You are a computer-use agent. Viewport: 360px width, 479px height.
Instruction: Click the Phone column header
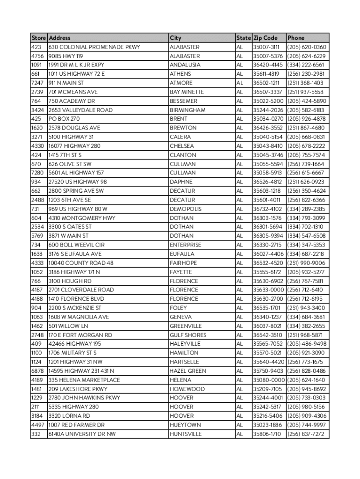pos(296,38)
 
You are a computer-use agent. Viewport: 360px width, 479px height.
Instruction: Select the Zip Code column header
pos(265,38)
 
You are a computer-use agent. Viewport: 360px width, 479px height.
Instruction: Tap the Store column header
pos(38,38)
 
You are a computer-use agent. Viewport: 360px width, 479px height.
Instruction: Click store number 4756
pos(38,56)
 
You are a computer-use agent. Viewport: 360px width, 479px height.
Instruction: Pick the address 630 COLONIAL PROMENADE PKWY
pos(94,47)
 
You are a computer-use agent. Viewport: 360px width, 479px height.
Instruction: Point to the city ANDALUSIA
pos(185,65)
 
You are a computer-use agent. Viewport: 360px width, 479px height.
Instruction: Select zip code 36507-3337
pos(267,92)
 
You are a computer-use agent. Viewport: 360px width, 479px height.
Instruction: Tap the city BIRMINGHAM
pos(187,110)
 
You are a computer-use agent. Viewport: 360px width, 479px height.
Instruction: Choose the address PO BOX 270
pos(64,119)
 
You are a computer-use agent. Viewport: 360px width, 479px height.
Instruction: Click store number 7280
pos(37,173)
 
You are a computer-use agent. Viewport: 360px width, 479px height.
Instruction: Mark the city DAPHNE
pos(181,182)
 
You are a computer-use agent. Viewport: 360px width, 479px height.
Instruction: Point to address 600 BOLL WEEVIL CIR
pos(76,245)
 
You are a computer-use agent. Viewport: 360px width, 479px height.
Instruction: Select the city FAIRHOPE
pos(183,263)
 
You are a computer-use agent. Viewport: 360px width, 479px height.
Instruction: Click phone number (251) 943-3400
pos(306,308)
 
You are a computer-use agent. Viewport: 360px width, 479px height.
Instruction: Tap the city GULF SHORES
pos(187,335)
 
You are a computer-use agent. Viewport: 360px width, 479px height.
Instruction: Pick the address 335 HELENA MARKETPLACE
pos(84,380)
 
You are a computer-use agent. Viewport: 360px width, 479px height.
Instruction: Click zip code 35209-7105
pos(267,389)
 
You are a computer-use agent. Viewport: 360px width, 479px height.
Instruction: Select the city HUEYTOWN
pos(185,425)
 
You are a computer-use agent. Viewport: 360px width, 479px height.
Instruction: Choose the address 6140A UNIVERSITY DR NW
pos(82,434)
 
